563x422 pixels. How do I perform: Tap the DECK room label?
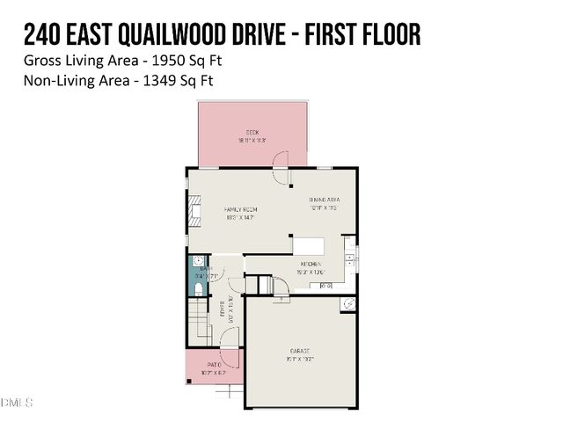tap(252, 133)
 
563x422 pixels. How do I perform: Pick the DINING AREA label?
tap(324, 200)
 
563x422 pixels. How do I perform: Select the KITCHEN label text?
tap(310, 264)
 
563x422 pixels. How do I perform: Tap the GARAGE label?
tap(301, 351)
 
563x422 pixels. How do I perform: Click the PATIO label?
tap(213, 364)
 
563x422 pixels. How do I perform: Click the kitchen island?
tap(308, 244)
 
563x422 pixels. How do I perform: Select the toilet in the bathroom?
tap(199, 288)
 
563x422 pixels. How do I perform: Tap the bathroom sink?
tap(198, 262)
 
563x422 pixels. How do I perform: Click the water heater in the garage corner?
tap(348, 304)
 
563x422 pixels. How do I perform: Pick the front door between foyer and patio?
tap(228, 356)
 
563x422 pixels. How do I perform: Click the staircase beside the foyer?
tap(201, 321)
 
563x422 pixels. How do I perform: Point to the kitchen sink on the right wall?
tap(351, 258)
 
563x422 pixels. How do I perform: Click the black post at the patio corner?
tap(186, 384)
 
